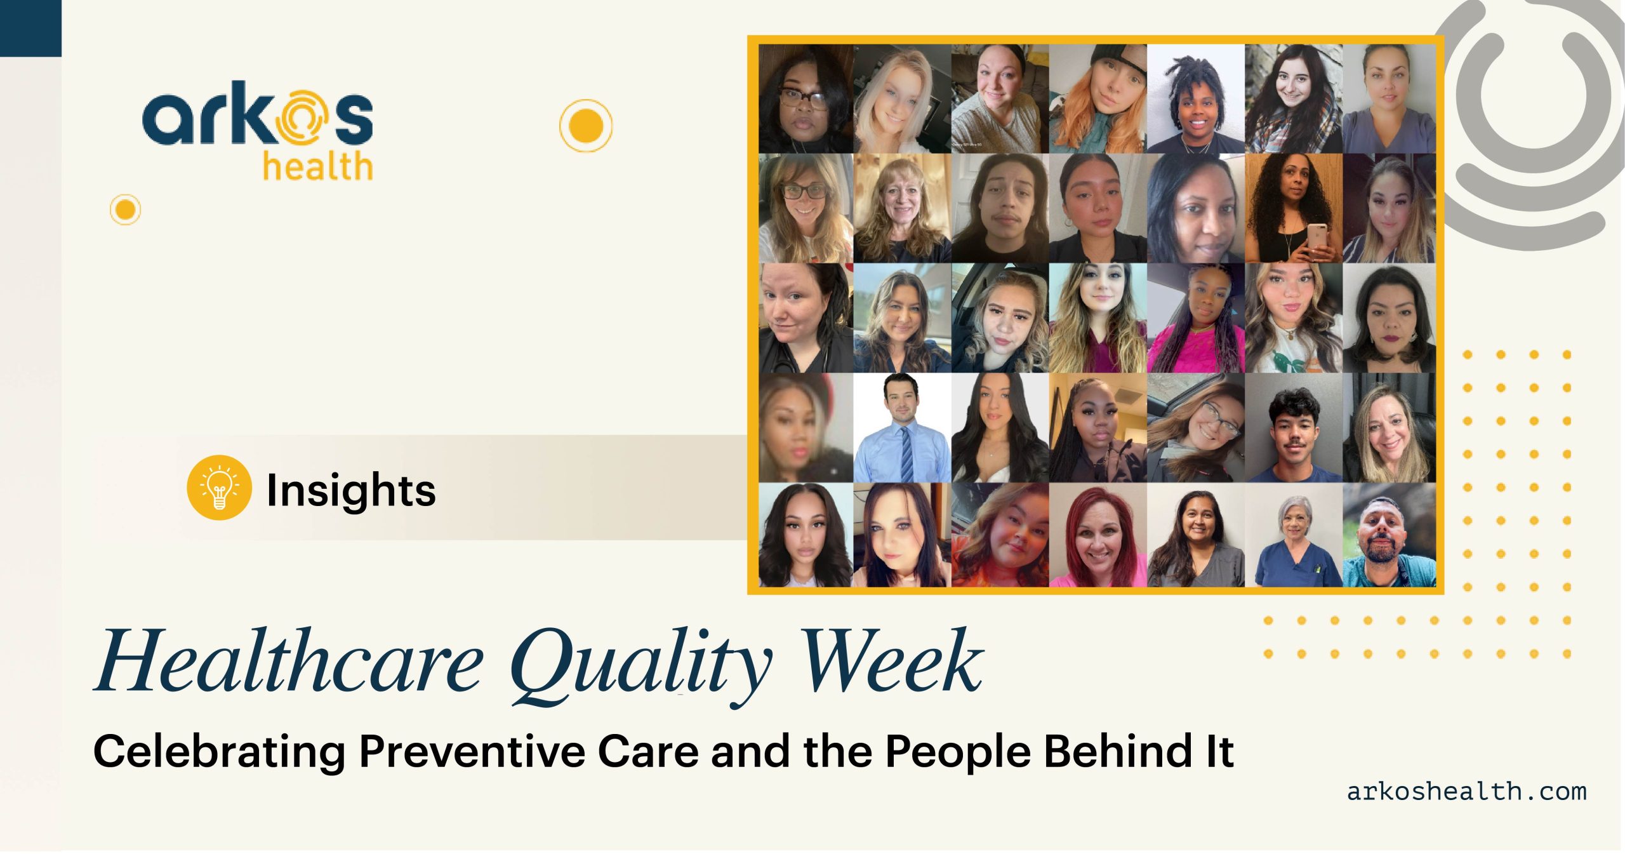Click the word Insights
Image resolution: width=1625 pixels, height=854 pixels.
(351, 490)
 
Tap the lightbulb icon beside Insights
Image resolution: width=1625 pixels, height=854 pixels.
(219, 488)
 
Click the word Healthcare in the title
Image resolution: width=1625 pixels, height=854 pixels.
(289, 661)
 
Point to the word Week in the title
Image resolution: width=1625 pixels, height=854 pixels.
(892, 661)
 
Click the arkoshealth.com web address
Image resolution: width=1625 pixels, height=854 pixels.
(1466, 791)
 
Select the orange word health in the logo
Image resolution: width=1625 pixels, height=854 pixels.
(317, 166)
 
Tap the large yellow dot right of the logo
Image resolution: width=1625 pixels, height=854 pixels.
(586, 126)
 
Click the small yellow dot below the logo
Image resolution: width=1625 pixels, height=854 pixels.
(125, 210)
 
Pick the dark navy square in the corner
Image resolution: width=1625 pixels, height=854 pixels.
(30, 28)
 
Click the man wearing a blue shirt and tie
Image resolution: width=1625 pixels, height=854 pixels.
(902, 428)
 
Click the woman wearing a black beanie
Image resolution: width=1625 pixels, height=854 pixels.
(1098, 99)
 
